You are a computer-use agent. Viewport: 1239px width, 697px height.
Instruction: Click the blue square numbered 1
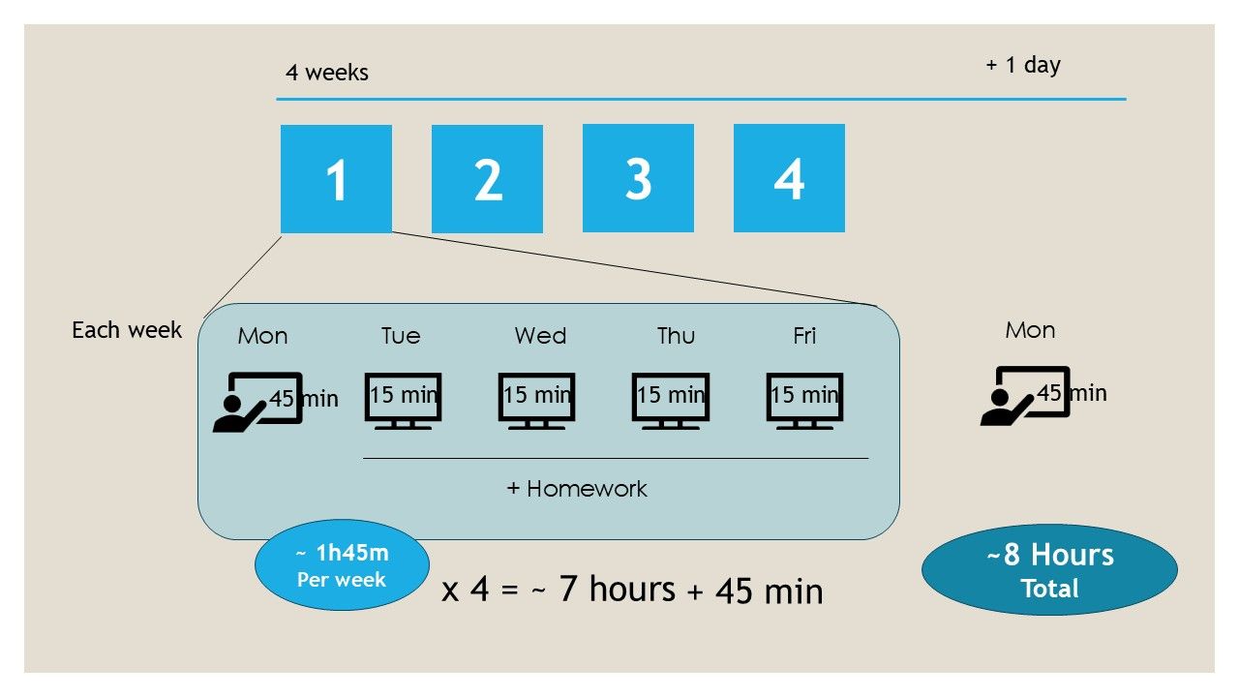tap(336, 179)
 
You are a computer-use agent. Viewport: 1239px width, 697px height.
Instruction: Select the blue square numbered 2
tap(487, 179)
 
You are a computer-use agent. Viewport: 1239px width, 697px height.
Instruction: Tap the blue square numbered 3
tap(638, 178)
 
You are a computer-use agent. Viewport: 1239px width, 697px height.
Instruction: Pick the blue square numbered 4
tap(789, 178)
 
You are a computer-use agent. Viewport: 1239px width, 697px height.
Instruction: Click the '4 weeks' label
tap(327, 73)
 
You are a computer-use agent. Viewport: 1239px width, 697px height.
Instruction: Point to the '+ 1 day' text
tap(1023, 65)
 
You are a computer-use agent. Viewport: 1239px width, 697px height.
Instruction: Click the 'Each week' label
tap(127, 330)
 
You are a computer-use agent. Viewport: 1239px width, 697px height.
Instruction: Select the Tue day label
tap(401, 336)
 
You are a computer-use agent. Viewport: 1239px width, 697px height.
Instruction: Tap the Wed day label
tap(540, 336)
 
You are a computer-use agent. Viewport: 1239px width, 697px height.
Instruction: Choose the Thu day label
tap(676, 336)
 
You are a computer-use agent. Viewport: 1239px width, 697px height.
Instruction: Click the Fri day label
tap(804, 336)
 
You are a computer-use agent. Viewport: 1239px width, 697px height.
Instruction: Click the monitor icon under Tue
tap(404, 400)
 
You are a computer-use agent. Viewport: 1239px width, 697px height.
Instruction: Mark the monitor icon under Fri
tap(804, 400)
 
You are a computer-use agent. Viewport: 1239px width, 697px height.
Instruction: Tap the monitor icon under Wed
tap(537, 400)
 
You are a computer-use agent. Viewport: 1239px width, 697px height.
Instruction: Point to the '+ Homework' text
tap(577, 489)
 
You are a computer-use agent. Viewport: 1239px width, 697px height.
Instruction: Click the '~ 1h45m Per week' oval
tap(341, 566)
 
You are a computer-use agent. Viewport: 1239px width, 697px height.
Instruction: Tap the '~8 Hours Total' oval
tap(1049, 569)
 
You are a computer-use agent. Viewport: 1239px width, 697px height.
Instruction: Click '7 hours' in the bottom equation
tap(617, 589)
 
